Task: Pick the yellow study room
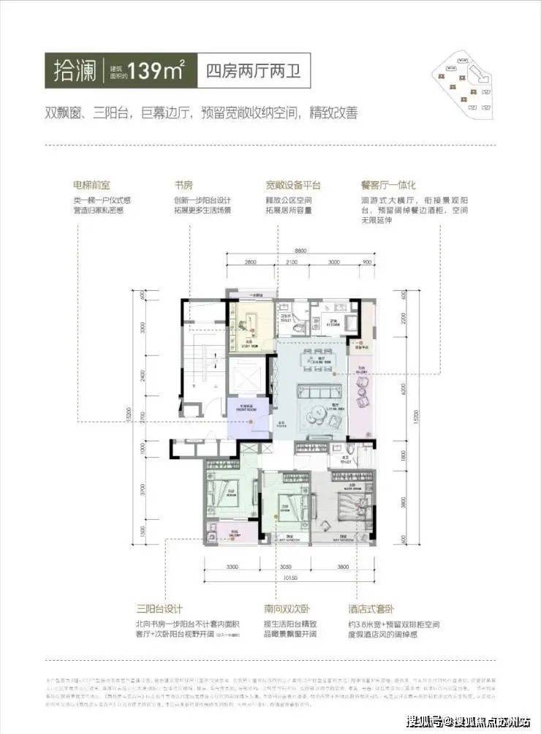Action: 250,325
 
